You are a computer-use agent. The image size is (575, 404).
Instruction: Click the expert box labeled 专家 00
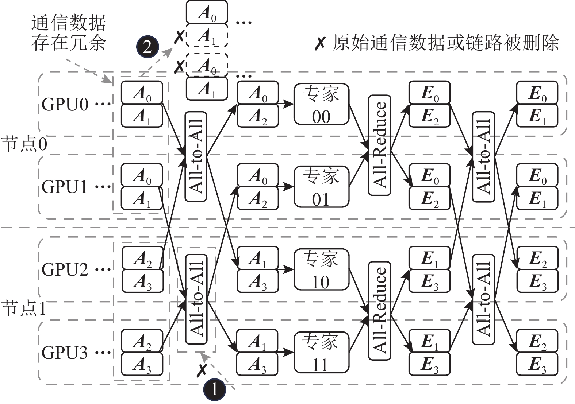321,104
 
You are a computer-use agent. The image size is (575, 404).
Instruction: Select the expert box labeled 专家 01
321,187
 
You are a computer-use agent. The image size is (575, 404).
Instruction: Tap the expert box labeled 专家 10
321,269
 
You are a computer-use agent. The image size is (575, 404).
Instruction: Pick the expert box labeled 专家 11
321,352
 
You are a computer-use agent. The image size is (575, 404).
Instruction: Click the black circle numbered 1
214,390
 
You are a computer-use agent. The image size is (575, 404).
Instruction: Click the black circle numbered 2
147,47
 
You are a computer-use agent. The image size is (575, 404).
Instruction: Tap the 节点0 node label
24,144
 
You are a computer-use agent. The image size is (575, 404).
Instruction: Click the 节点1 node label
24,309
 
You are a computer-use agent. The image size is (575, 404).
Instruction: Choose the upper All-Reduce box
380,145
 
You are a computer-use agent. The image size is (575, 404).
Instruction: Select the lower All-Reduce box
380,311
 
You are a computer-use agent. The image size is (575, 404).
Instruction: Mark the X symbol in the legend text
320,43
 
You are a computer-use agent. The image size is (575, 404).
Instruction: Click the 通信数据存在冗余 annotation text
69,33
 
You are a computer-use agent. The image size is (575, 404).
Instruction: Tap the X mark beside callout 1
202,370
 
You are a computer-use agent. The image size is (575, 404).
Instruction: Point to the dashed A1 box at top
207,35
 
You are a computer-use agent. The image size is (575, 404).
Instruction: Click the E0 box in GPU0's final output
537,93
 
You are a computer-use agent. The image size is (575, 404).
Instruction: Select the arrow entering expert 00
286,104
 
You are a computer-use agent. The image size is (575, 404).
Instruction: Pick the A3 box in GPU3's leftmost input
142,364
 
